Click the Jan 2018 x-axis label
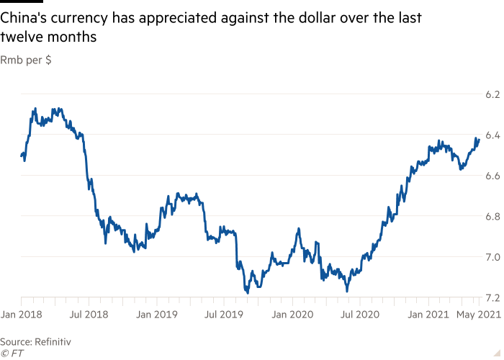tap(22, 315)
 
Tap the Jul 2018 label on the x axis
tap(89, 315)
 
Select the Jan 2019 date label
tap(158, 315)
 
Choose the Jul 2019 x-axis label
tap(225, 315)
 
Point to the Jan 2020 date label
tap(293, 315)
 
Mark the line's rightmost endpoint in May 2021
tap(478, 139)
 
